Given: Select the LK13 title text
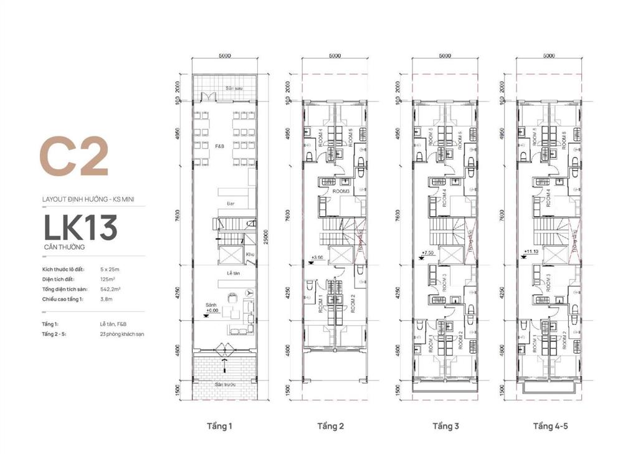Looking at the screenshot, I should [80, 228].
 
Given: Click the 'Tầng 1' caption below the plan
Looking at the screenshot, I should [219, 427].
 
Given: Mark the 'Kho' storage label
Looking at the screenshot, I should [249, 254].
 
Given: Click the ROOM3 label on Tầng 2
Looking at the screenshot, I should [340, 192].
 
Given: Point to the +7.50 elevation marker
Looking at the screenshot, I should [427, 253].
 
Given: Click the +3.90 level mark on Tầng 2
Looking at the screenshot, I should [317, 257].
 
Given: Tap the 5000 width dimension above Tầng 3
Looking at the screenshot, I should [444, 55].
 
